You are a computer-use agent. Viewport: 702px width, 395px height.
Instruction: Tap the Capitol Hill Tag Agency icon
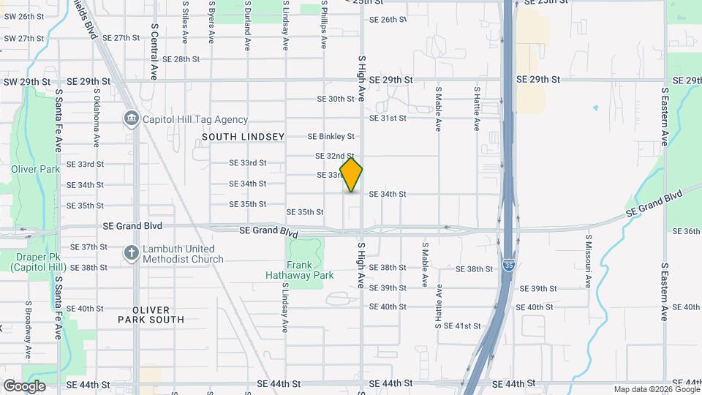(132, 118)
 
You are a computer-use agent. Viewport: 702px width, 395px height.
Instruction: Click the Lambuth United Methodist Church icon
(132, 253)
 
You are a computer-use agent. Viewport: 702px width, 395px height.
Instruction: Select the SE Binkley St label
(331, 137)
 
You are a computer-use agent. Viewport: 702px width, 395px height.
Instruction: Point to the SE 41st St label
(462, 326)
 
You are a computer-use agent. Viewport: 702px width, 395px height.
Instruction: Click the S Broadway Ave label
(29, 329)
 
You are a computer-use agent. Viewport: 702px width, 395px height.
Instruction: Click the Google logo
(24, 386)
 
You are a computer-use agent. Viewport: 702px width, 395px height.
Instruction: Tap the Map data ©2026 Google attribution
(657, 390)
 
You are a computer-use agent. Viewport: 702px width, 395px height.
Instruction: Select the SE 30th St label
(336, 99)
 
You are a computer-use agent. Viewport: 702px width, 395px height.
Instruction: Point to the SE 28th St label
(181, 59)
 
